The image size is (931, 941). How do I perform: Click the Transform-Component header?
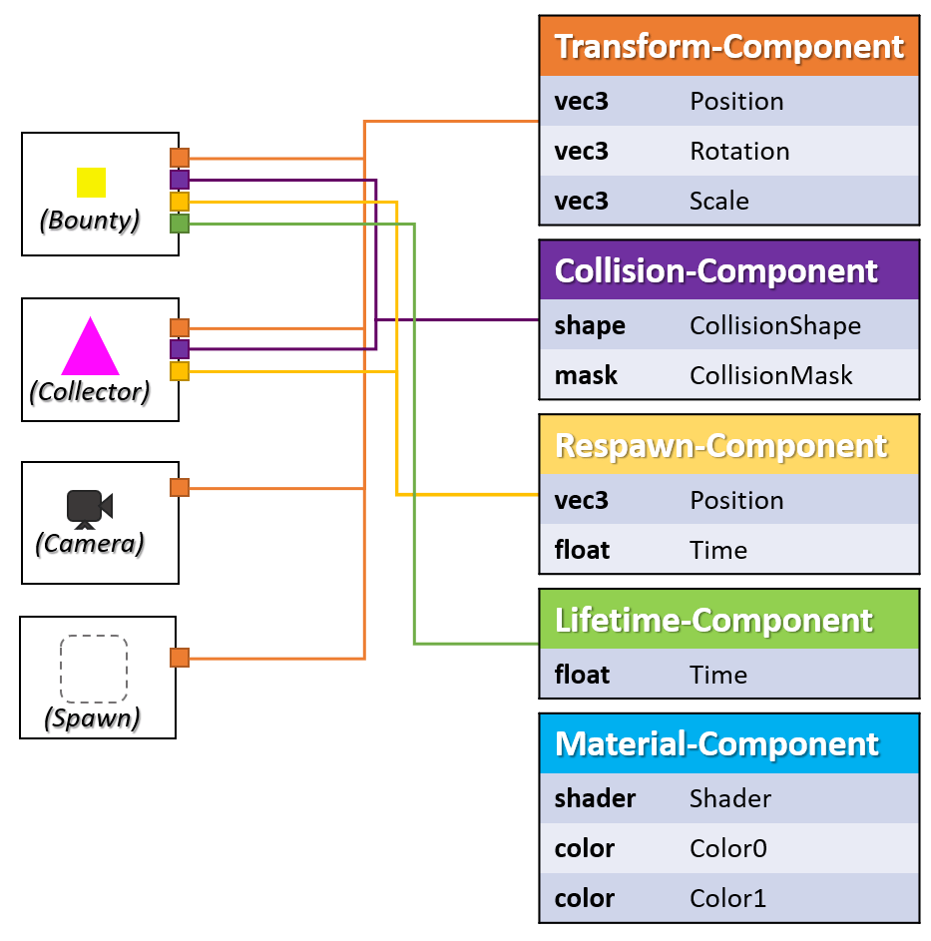pos(728,47)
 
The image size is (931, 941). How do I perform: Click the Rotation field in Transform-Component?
pos(739,151)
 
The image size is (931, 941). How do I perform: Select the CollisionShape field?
pos(774,325)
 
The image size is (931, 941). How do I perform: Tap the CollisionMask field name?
pos(770,375)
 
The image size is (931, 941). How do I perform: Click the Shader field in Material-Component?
pos(729,798)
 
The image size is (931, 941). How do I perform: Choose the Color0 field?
pos(728,848)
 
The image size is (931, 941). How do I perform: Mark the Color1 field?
pos(728,898)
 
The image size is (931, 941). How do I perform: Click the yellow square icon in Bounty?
pos(91,182)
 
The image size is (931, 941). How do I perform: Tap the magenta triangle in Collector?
pos(90,347)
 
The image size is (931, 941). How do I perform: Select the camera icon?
pos(89,508)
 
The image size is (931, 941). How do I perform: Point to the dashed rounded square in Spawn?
pos(94,669)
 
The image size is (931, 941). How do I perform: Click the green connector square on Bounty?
pos(180,224)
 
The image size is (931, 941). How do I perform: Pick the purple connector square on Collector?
pos(180,349)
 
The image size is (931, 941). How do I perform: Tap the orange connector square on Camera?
pos(180,487)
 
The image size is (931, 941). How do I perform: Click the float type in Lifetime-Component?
pos(582,675)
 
